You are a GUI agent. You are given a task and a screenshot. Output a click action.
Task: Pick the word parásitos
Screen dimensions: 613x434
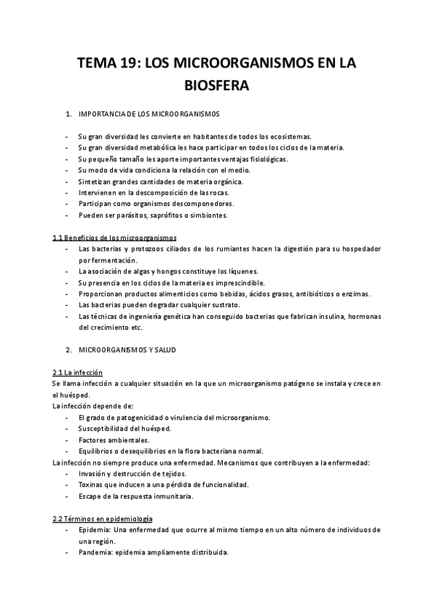coord(140,215)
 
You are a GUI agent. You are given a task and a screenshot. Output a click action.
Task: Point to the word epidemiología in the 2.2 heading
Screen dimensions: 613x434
coord(129,518)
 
